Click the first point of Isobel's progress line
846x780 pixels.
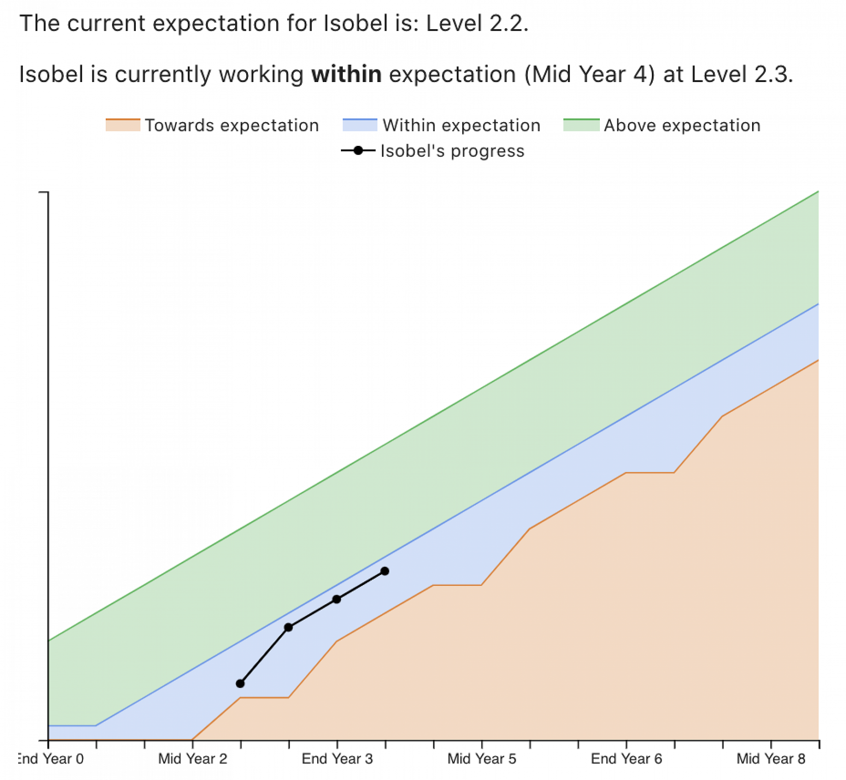[240, 684]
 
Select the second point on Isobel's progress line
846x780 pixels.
[288, 627]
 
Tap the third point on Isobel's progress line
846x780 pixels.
[337, 599]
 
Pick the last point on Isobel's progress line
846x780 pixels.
[385, 571]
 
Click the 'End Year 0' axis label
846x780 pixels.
[51, 759]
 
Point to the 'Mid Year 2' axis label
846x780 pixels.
[193, 759]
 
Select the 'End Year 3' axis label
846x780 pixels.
[338, 759]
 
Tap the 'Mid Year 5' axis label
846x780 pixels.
[482, 759]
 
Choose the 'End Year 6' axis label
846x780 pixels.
[627, 759]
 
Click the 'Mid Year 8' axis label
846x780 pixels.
[771, 759]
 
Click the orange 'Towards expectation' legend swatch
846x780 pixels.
[123, 125]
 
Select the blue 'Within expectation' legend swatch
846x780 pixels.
[360, 125]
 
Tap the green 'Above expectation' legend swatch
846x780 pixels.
[582, 125]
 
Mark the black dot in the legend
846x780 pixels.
[358, 151]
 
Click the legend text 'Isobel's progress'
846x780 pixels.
[453, 151]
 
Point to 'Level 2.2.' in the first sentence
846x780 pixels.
[478, 23]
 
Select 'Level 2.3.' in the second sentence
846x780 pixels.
[742, 74]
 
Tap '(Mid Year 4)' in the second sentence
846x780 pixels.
[590, 75]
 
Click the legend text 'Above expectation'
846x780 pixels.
[682, 126]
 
